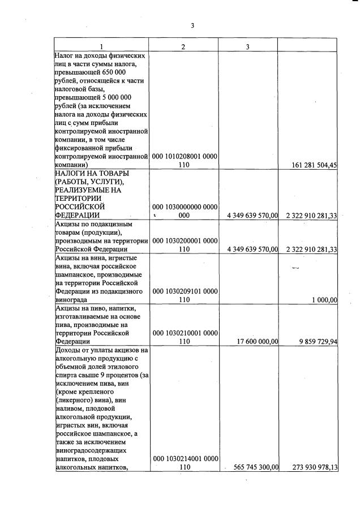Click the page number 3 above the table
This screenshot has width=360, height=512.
192,25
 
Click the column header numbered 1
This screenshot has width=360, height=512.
101,46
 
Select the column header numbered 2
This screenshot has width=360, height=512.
183,46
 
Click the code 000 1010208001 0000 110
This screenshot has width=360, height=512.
183,161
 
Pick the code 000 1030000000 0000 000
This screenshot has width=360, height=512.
183,211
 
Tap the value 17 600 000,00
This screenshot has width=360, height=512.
254,342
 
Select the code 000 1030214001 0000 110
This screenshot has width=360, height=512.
183,463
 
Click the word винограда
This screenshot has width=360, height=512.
71,300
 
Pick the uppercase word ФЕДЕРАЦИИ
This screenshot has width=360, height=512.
78,215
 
